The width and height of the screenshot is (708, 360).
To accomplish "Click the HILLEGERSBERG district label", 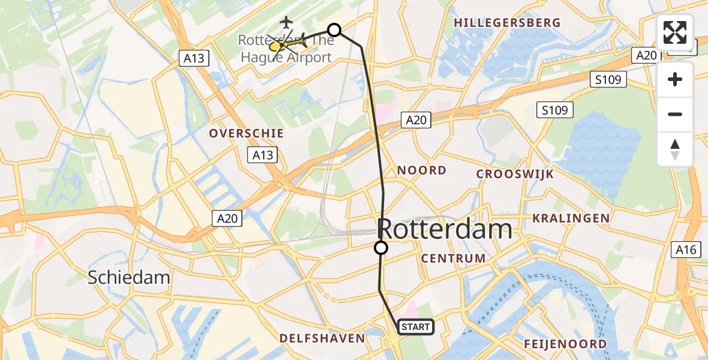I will click(508, 23).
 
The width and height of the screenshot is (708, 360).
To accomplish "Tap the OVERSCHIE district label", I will click(246, 133).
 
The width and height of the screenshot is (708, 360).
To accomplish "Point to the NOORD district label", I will click(422, 170).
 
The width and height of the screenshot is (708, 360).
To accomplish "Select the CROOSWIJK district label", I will click(515, 175).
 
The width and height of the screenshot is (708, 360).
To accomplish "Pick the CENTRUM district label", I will click(454, 259).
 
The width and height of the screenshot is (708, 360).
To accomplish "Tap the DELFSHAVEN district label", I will click(322, 338).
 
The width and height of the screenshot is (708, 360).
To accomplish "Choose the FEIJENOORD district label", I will click(565, 344).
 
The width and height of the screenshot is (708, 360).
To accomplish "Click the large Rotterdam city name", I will click(445, 229).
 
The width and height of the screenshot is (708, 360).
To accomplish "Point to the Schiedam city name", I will click(129, 277).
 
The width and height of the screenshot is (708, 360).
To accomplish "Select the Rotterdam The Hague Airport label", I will click(286, 49).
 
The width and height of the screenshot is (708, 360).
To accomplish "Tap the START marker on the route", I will click(415, 327).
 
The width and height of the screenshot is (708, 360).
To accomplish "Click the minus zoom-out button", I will click(675, 115).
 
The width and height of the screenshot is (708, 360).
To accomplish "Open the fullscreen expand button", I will click(675, 33).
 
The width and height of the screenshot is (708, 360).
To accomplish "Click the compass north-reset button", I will click(675, 149).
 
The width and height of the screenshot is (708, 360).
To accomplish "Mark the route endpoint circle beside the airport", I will click(334, 30).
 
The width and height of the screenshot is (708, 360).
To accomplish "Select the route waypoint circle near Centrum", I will click(381, 248).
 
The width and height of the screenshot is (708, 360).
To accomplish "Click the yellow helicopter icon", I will click(277, 46).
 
